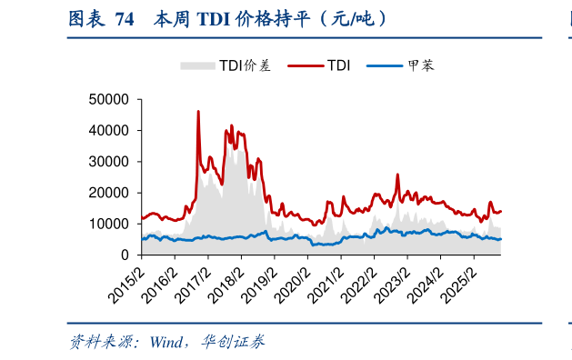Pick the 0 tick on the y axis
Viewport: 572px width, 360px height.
coord(127,255)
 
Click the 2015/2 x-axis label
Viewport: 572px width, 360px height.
coord(127,279)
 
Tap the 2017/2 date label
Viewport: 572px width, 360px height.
coord(193,279)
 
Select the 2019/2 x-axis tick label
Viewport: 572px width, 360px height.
coord(259,279)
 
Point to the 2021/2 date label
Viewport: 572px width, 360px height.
coord(326,279)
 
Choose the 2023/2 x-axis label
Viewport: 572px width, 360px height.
coord(391,279)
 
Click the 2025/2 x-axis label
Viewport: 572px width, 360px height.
coord(457,279)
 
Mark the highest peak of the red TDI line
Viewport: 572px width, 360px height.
coord(198,112)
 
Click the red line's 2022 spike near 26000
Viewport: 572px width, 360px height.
coord(397,175)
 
